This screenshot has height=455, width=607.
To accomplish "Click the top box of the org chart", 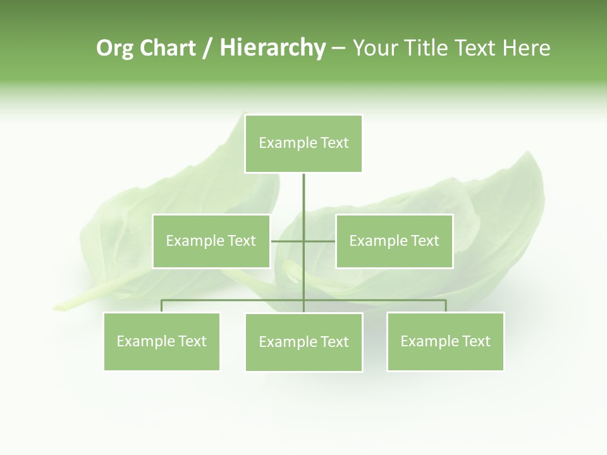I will point(303,143).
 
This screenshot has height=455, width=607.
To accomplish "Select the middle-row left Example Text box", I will point(211,241).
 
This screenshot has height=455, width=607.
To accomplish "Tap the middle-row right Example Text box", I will point(394,241).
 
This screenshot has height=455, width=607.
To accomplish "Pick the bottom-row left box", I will point(162,341).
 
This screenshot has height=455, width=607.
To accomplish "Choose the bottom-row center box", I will point(303,342).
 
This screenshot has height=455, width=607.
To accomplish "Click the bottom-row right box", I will point(445,341).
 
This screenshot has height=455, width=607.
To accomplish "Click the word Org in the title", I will point(114,48).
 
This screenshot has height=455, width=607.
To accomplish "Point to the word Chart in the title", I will point(168,48).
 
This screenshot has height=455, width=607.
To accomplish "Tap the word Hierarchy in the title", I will point(272,48).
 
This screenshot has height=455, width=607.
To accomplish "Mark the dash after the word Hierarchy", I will point(338,48).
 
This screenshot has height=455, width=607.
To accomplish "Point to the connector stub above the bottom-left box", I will point(162,306).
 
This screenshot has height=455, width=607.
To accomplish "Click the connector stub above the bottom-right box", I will point(445,306).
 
